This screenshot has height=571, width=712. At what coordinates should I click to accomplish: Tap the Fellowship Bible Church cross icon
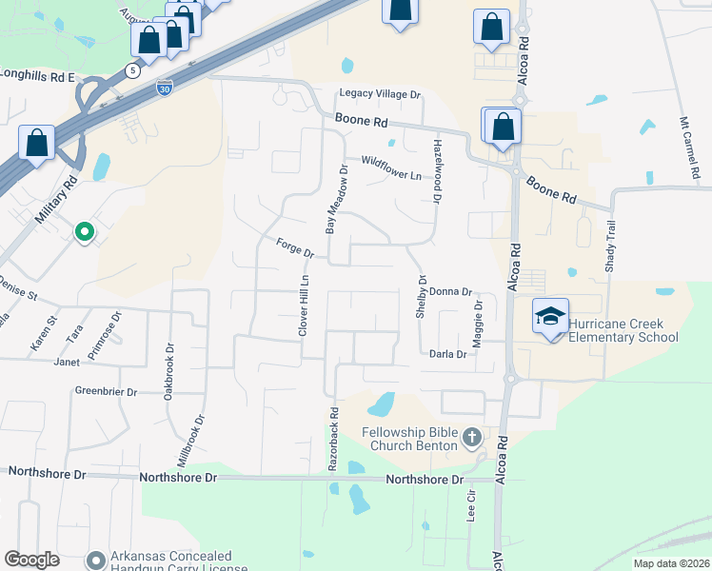coord(472,438)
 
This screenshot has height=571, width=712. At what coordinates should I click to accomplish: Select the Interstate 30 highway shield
coord(165,86)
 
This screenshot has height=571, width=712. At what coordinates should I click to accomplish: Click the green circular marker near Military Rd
coord(84,230)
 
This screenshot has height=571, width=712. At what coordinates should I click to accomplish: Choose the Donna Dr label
coord(450,291)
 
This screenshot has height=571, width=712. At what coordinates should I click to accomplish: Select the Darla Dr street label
coord(447,354)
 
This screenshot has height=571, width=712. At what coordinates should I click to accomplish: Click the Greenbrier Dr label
coord(107,391)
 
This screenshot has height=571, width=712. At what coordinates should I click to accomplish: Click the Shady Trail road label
coord(611,246)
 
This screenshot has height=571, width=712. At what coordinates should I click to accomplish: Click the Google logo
coord(32,560)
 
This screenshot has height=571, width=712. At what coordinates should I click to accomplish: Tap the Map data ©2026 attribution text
coord(670,563)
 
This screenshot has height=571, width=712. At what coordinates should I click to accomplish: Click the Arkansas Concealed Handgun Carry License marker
coord(95,560)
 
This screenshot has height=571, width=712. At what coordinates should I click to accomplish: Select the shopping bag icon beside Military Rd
coord(37,144)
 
